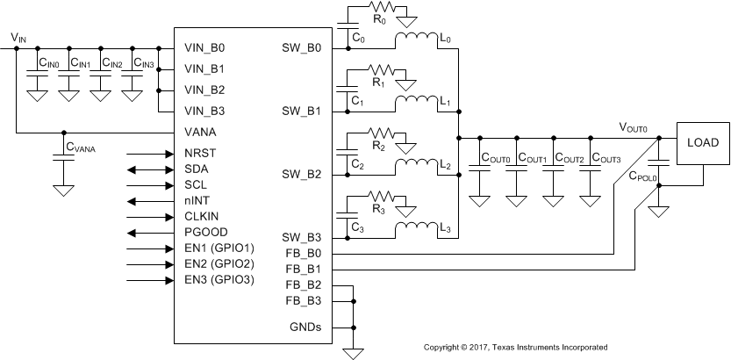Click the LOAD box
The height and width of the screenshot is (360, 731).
(x=702, y=142)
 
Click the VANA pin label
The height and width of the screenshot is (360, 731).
(x=201, y=133)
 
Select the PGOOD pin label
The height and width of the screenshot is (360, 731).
(x=206, y=232)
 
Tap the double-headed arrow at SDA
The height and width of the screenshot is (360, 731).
(x=150, y=169)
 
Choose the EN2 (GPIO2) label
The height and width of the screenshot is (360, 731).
(x=219, y=263)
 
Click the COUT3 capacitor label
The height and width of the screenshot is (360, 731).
(x=606, y=158)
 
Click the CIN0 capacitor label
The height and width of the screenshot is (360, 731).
(x=48, y=63)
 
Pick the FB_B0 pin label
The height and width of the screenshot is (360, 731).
(x=305, y=253)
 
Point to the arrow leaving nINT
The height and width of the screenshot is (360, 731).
(x=150, y=200)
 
